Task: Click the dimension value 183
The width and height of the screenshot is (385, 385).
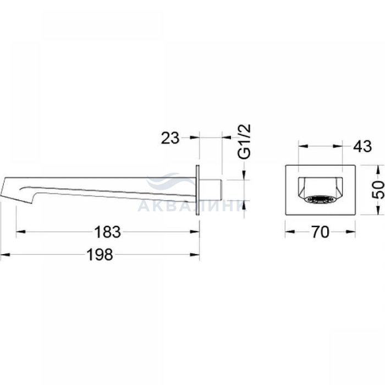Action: pos(108,232)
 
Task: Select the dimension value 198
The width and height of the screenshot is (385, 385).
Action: pos(100,255)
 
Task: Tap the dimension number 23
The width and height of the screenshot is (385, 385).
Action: pos(170,138)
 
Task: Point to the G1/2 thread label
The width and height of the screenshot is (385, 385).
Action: pos(244,142)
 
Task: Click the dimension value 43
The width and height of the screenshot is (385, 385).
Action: pos(362,146)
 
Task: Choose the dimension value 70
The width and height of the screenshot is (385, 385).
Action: pos(320,232)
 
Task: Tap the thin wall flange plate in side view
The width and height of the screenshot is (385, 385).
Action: pos(197,190)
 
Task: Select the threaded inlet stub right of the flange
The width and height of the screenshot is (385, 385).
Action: pos(211,190)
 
